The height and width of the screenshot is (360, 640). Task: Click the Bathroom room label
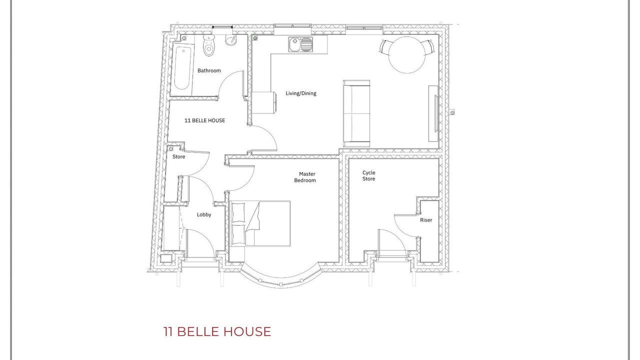click(209, 70)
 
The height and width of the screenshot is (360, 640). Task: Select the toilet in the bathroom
click(209, 45)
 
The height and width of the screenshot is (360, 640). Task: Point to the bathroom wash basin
click(231, 40)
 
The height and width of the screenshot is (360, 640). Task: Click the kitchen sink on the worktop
click(300, 44)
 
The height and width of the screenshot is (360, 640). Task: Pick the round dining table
click(407, 55)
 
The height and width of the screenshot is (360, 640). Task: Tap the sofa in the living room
click(356, 113)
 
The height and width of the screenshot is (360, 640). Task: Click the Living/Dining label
click(301, 93)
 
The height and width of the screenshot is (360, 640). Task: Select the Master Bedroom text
click(305, 177)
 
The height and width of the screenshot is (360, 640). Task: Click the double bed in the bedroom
click(260, 223)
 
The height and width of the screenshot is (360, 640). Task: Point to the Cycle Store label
click(369, 175)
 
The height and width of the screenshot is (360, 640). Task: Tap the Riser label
click(426, 220)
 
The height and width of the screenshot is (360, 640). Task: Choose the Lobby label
click(204, 214)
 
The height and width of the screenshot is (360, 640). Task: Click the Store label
click(179, 157)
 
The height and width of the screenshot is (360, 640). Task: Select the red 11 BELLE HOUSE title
click(217, 331)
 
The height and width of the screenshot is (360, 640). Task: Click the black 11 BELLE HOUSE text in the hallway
click(205, 120)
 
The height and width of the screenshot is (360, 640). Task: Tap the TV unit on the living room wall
click(433, 113)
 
